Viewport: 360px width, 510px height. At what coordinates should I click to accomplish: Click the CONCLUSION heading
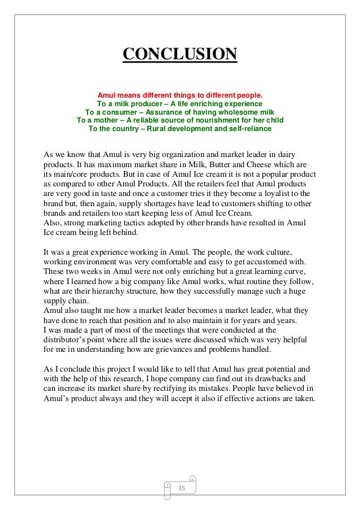click(180, 55)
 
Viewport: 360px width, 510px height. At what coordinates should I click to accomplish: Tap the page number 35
click(181, 487)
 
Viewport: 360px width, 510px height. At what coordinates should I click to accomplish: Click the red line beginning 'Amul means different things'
click(180, 95)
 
